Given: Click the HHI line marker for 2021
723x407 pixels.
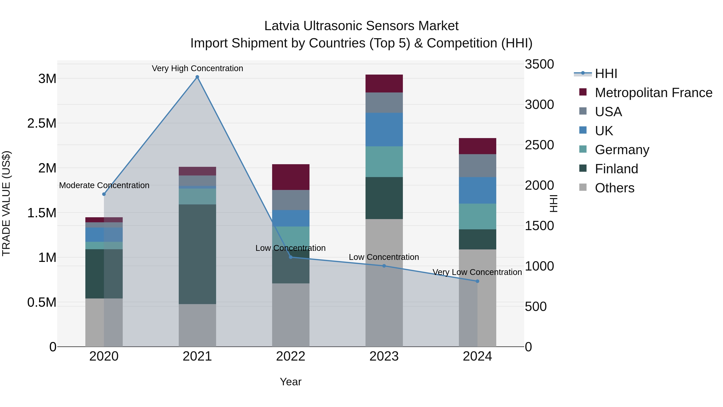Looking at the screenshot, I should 197,77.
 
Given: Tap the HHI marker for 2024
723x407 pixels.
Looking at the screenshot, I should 477,281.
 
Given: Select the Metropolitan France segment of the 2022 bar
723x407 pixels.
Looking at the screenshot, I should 291,177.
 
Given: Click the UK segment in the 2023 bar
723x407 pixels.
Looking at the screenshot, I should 384,129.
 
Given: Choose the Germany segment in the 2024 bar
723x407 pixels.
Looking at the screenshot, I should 477,216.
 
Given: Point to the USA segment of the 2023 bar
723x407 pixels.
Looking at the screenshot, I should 384,103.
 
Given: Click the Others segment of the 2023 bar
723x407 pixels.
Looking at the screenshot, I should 384,283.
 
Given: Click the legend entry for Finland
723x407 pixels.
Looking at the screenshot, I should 616,169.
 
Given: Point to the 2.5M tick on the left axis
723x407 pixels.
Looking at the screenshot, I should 42,123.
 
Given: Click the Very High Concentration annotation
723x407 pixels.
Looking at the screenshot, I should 197,68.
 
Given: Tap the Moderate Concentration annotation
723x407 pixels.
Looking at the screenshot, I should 104,185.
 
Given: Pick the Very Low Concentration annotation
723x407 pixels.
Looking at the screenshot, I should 477,272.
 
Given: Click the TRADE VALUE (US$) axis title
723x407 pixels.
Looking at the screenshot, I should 6,203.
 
